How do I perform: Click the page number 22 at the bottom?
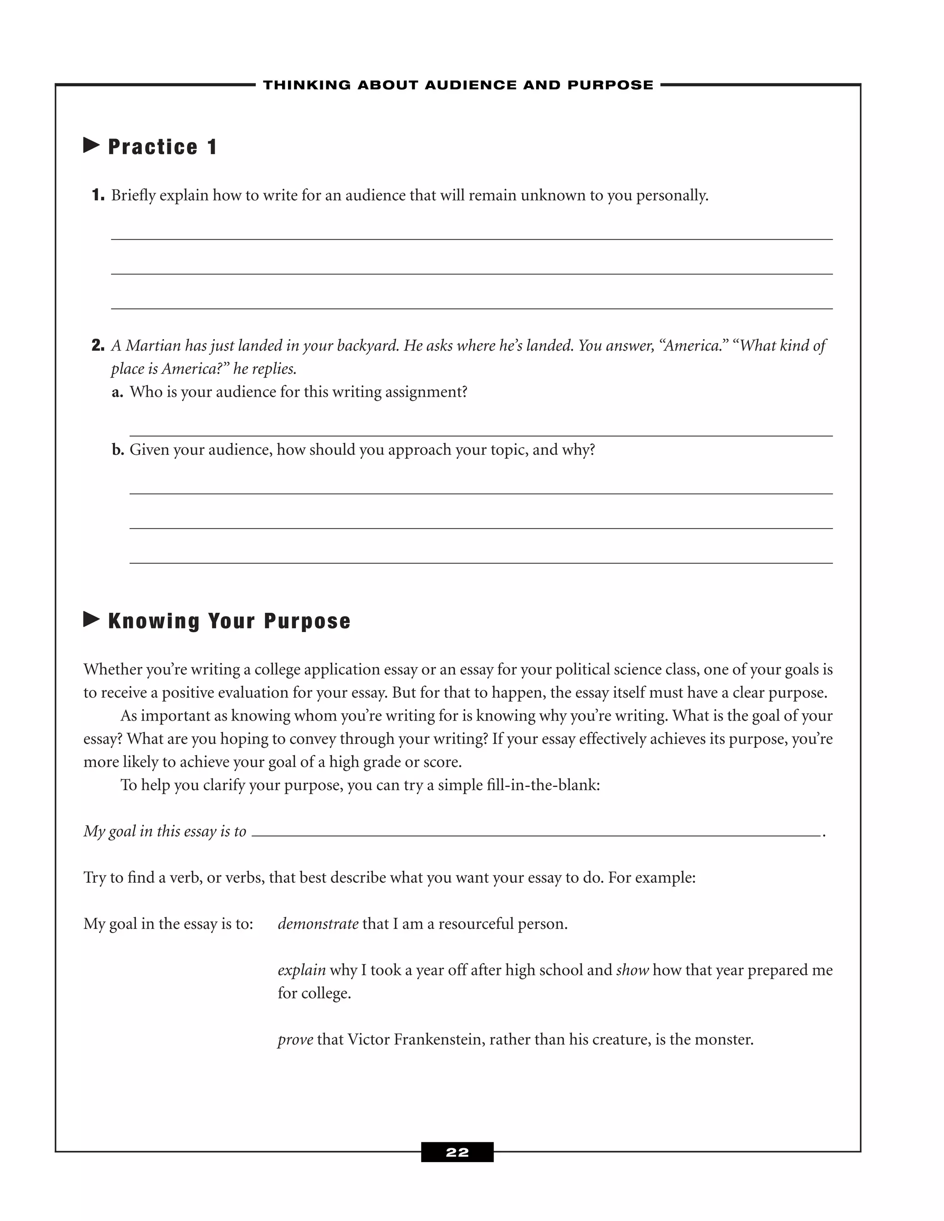coord(457,1152)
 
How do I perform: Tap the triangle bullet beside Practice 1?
coord(91,145)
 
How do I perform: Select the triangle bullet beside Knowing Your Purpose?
coord(91,619)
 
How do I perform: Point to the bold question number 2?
coord(98,346)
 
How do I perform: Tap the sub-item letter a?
coord(117,392)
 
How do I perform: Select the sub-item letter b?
coord(118,450)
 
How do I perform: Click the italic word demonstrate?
coord(318,923)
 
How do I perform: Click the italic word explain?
coord(301,970)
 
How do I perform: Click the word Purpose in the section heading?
coord(307,621)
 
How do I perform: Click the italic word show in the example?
coord(632,970)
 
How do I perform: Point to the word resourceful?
coord(475,923)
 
